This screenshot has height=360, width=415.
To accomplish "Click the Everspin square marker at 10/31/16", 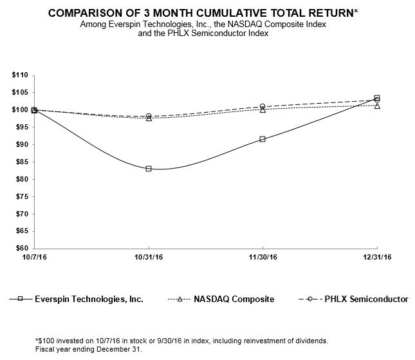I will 149,169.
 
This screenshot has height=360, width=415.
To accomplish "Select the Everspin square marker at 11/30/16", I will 263,139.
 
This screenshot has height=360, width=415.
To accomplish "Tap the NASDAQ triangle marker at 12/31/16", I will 377,106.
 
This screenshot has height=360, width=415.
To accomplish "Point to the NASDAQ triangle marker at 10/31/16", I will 149,118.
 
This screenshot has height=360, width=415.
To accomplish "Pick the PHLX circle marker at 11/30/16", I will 263,106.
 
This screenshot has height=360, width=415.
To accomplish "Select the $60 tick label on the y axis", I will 19,248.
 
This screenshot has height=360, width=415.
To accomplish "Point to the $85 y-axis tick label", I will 19,162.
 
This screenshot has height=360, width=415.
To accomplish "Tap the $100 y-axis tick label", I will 18,110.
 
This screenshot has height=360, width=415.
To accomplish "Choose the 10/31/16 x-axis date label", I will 149,257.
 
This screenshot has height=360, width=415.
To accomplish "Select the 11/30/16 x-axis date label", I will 263,257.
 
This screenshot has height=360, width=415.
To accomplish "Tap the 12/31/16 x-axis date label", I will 377,257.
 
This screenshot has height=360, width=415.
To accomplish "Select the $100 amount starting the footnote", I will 45,340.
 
